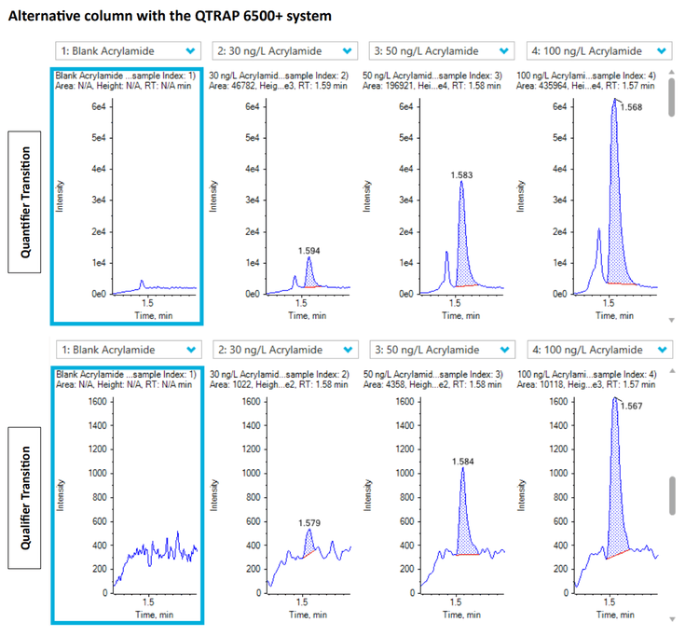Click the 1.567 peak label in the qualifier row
coord(630,405)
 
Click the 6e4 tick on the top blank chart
coord(96,106)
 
